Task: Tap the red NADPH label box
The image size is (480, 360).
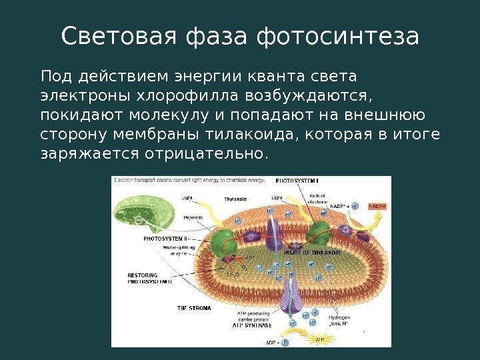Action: tap(378, 207)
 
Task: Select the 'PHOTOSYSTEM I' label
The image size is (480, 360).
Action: tap(297, 181)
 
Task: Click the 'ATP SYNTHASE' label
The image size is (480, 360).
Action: tap(252, 326)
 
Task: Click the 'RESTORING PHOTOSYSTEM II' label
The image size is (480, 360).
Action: tap(149, 279)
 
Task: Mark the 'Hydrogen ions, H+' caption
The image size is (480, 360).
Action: tap(339, 321)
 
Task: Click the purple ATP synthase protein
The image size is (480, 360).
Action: tap(289, 297)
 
